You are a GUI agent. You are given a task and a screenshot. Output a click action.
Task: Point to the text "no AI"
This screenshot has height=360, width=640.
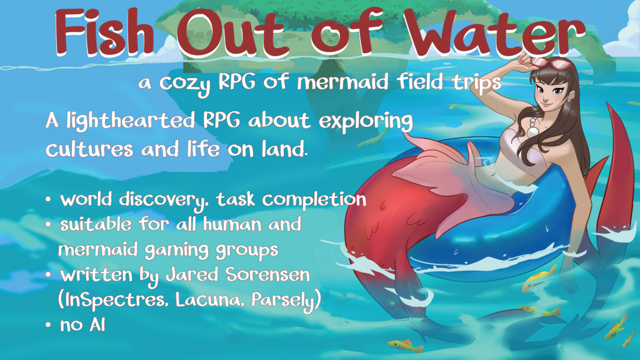[x=82, y=325]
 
